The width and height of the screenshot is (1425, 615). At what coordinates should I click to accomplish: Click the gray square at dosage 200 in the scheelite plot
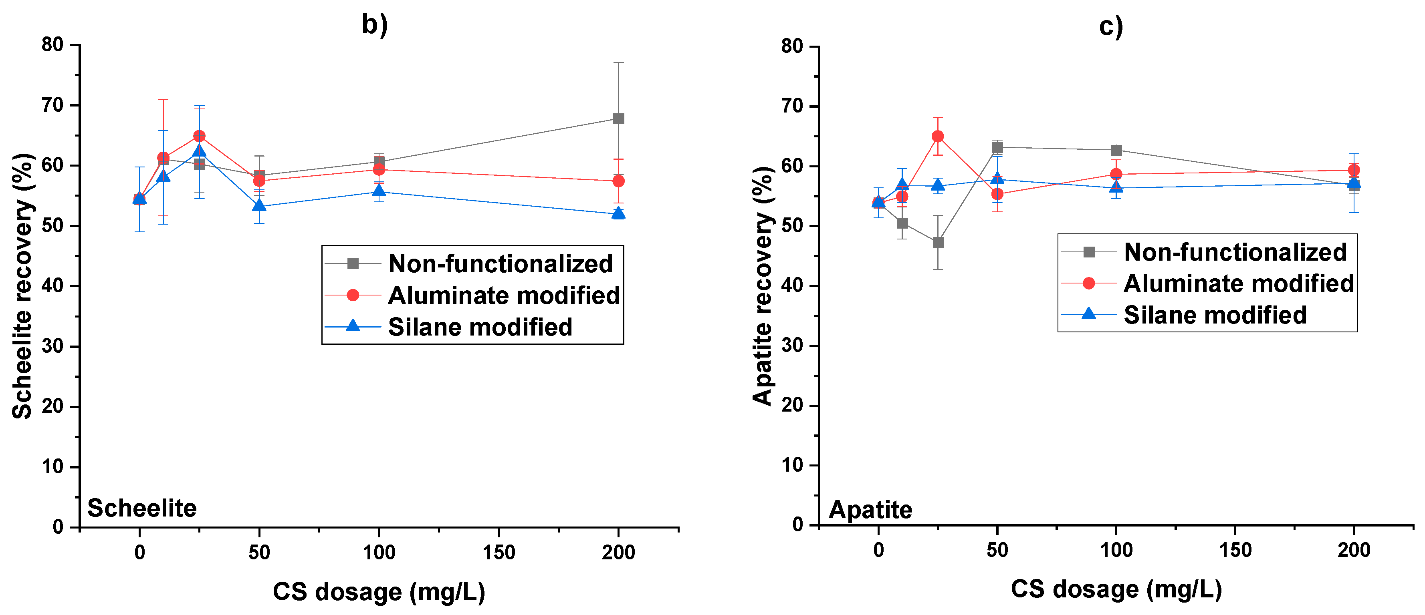[618, 119]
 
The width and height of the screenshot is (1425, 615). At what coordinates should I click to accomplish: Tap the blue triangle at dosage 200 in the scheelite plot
[618, 213]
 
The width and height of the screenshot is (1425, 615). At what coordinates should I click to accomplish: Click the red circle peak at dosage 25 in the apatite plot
[938, 136]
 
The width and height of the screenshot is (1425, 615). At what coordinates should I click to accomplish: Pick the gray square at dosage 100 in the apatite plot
[1116, 150]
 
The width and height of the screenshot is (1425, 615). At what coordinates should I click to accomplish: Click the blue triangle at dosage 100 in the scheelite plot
[379, 191]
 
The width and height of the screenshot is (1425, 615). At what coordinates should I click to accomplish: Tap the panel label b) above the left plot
[375, 25]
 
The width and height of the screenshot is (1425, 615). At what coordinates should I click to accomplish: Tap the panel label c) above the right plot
[1111, 26]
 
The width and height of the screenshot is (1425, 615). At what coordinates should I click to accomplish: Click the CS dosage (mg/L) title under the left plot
[379, 592]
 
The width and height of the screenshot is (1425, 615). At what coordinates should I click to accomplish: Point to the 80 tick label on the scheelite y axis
[52, 45]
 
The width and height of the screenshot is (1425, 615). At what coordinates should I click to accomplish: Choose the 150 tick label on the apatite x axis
[1235, 551]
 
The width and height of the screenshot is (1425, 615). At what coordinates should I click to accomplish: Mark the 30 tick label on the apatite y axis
[792, 346]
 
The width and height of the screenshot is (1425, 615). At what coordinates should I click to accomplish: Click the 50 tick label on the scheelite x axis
[259, 552]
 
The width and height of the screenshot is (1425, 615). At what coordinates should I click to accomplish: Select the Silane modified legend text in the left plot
[480, 327]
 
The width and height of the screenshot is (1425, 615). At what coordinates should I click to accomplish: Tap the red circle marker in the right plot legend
[1088, 283]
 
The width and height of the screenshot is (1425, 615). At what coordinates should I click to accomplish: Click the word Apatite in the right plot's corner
[870, 509]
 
